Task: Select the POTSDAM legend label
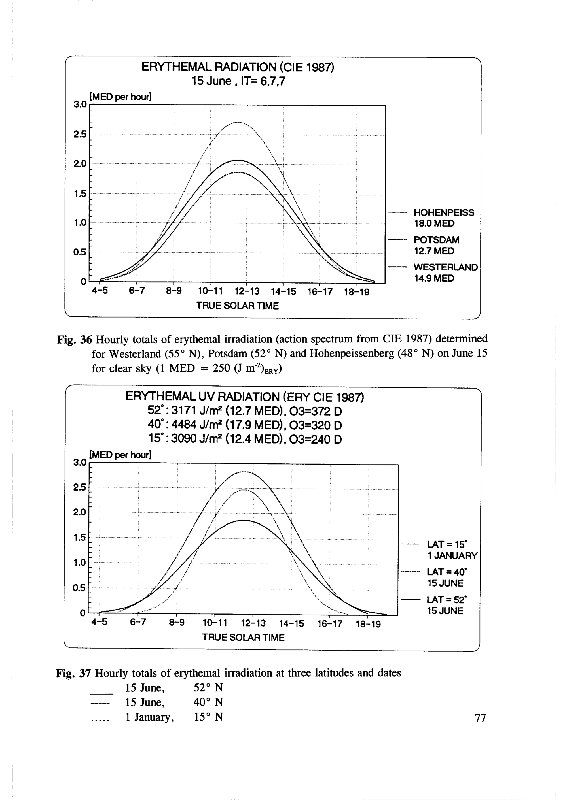(436, 240)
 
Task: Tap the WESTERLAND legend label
(445, 268)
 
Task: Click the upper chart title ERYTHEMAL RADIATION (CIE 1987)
(238, 67)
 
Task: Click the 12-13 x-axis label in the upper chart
(247, 292)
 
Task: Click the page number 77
(481, 718)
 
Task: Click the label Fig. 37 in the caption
(73, 673)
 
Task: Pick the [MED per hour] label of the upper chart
(120, 97)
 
